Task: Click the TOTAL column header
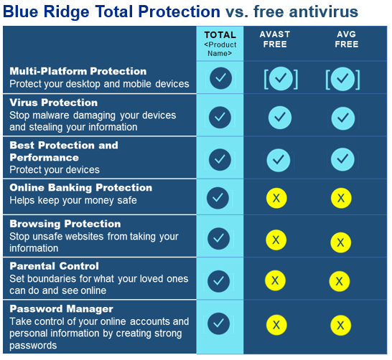point(220,35)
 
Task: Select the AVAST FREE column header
point(275,39)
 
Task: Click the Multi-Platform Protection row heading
point(78,72)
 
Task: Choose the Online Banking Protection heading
point(81,188)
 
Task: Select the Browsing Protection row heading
point(65,224)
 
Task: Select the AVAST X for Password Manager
point(275,325)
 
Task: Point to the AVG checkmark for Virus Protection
point(343,116)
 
